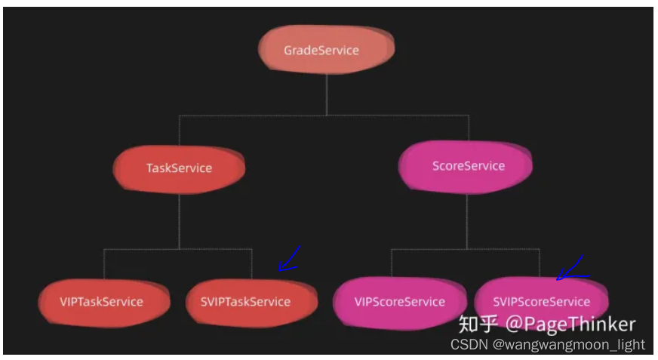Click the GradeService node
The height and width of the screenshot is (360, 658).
(326, 50)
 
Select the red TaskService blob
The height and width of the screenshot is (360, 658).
(180, 168)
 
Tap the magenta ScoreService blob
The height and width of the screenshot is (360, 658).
(466, 166)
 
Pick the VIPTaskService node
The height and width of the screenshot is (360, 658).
(102, 302)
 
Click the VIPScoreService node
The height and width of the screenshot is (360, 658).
(398, 302)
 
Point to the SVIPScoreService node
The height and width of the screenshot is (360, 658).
(540, 302)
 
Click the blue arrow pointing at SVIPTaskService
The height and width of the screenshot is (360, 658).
(288, 259)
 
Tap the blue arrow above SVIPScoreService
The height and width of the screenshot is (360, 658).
(571, 269)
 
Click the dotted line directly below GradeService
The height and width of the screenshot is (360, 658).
(326, 94)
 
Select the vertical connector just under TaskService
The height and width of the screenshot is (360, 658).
(179, 219)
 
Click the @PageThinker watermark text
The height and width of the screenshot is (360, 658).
(570, 325)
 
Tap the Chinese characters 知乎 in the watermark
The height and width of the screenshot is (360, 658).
(478, 325)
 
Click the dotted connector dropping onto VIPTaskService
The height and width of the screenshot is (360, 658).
(103, 264)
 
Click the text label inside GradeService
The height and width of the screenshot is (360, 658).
(321, 51)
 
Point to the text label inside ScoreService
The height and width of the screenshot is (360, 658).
(469, 166)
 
